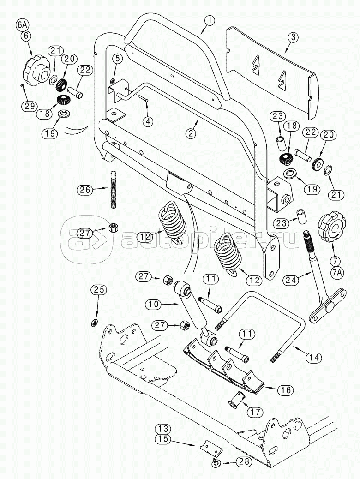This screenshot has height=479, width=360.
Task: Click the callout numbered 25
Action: pos(98,290)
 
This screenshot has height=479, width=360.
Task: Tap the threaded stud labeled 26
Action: pos(113,189)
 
